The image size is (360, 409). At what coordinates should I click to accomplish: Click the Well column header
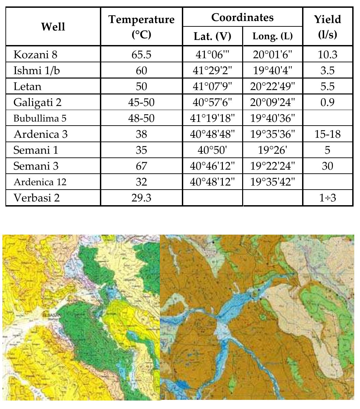[x=53, y=26]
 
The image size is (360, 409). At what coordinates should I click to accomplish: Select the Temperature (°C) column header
[x=141, y=26]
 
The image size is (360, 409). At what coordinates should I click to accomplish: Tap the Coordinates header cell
[x=242, y=17]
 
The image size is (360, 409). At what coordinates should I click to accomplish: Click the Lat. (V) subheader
[x=212, y=36]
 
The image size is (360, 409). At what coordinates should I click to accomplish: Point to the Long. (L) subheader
[x=272, y=36]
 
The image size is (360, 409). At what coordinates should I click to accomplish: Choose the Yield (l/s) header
[x=327, y=26]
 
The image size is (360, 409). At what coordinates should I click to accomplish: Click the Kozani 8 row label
[x=33, y=55]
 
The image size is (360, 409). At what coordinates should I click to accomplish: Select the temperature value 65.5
[x=141, y=55]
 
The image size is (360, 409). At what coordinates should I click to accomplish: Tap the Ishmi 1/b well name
[x=32, y=70]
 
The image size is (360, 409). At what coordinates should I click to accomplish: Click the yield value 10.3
[x=327, y=55]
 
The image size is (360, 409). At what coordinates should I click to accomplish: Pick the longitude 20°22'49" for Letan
[x=272, y=86]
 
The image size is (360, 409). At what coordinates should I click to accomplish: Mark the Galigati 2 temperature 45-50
[x=141, y=102]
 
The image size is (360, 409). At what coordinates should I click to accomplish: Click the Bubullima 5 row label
[x=38, y=119]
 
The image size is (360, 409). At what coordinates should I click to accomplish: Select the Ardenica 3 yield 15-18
[x=327, y=134]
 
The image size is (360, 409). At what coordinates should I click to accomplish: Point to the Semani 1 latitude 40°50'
[x=212, y=150]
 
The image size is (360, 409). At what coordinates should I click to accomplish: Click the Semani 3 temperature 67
[x=141, y=166]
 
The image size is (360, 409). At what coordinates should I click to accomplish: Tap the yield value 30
[x=327, y=166]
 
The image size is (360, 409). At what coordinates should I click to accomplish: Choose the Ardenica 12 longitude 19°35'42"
[x=272, y=182]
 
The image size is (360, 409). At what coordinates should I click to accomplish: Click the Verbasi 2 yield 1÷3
[x=327, y=198]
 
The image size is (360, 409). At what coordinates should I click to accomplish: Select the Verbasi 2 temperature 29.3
[x=141, y=198]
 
